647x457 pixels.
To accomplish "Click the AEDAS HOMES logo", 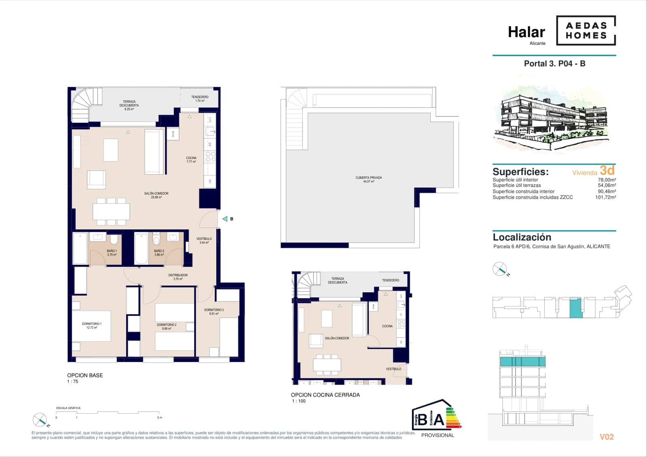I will point(586,30).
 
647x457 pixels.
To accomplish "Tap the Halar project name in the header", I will point(526,32).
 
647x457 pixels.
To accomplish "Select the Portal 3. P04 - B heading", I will point(554,63).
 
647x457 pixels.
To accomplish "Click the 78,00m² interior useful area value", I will point(607,180).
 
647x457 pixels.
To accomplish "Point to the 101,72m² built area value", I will point(605,197).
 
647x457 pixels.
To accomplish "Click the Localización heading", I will point(522,237).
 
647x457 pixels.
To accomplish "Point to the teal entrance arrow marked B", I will point(225,219).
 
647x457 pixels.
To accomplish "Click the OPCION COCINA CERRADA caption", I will point(325,395).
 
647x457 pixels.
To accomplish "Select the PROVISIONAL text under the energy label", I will point(438,435).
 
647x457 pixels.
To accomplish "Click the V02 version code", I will point(607,437).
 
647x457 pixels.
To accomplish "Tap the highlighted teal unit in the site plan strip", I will point(576,308).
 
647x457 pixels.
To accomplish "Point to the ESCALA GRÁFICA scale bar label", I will point(68,408).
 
